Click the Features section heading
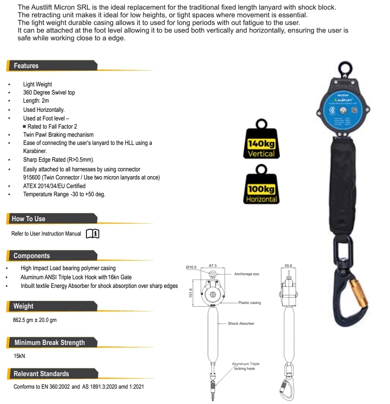pyautogui.click(x=26, y=66)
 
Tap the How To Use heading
pyautogui.click(x=28, y=219)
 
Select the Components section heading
pyautogui.click(x=32, y=256)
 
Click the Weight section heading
pyautogui.click(x=24, y=306)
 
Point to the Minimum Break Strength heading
pyautogui.click(x=49, y=343)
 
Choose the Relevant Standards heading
pyautogui.click(x=41, y=374)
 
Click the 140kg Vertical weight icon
pyautogui.click(x=261, y=142)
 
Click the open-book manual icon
pyautogui.click(x=92, y=234)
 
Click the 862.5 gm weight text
pyautogui.click(x=35, y=320)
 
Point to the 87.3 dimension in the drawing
pyautogui.click(x=213, y=266)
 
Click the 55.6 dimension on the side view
pyautogui.click(x=288, y=266)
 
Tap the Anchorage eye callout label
pyautogui.click(x=246, y=274)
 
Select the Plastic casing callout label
pyautogui.click(x=249, y=303)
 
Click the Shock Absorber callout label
pyautogui.click(x=241, y=324)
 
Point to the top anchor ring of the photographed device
pyautogui.click(x=345, y=70)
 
